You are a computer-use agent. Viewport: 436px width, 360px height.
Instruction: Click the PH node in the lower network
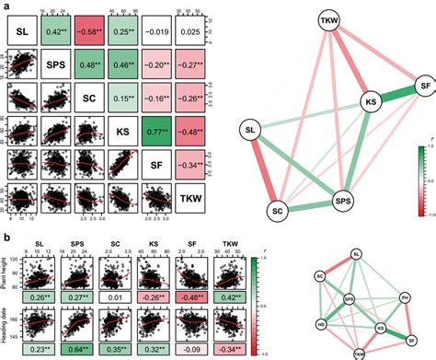[404, 297]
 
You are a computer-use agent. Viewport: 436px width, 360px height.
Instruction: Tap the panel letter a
[6, 6]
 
